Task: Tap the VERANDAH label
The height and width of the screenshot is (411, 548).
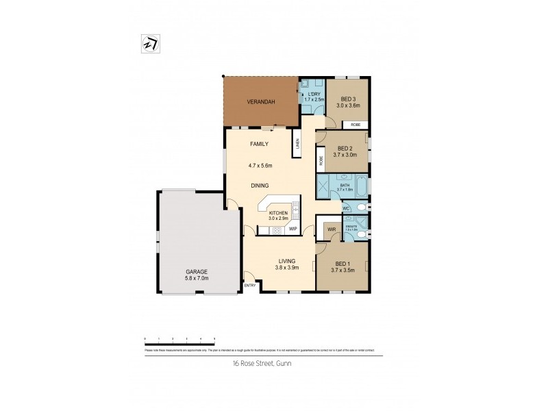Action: (x=261, y=102)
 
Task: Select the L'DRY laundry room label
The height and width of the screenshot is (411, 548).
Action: (x=313, y=95)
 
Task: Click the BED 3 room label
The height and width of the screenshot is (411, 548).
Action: (x=348, y=98)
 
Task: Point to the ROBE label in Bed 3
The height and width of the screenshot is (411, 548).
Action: (x=356, y=125)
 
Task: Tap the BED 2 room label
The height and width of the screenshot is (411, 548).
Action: (x=345, y=149)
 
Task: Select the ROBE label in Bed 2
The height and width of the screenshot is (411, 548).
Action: (x=321, y=162)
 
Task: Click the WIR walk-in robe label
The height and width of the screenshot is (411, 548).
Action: (x=331, y=229)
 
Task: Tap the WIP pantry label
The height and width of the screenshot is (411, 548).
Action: (x=292, y=228)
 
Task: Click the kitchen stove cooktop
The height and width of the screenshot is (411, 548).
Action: (x=278, y=231)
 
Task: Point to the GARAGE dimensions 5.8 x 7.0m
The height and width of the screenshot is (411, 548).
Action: (x=197, y=279)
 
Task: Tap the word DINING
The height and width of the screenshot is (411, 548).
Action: (x=259, y=186)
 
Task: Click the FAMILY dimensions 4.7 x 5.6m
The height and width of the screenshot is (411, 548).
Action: (x=260, y=165)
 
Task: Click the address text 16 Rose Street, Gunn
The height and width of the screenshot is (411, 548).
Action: (x=263, y=364)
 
